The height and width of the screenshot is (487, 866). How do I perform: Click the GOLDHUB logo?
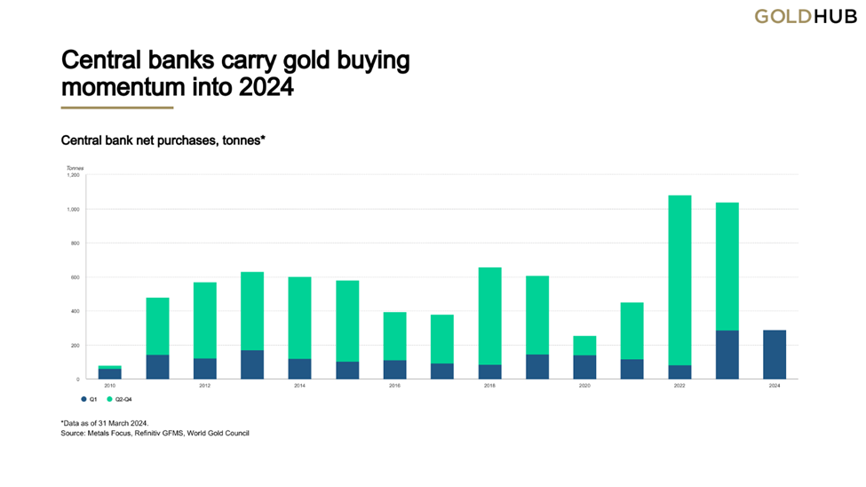point(805,16)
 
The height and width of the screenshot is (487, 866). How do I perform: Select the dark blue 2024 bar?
point(774,355)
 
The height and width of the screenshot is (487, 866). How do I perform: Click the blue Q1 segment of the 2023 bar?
point(727,355)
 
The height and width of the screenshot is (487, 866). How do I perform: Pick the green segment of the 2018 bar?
point(489,315)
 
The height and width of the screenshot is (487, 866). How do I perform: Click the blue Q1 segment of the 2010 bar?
point(110,374)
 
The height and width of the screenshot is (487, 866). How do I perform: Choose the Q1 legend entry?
point(89,399)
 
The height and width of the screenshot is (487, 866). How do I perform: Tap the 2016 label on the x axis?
point(394,387)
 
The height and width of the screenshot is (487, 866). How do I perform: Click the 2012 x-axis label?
point(205,387)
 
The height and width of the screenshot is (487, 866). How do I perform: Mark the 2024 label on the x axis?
point(774,387)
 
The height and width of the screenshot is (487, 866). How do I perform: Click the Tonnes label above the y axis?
point(74,167)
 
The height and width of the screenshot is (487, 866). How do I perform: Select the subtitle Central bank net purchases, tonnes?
point(163,140)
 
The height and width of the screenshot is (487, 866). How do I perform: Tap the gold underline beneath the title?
point(116,108)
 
